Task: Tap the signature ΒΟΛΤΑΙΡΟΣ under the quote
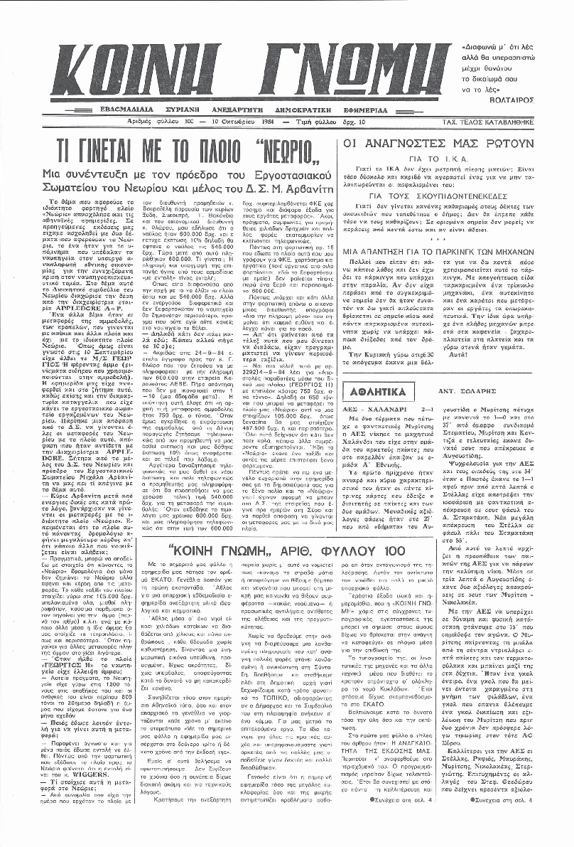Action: pos(536,100)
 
